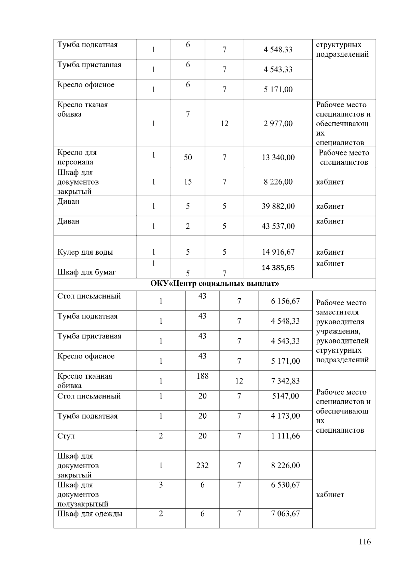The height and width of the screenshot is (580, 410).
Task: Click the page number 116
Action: [x=365, y=542]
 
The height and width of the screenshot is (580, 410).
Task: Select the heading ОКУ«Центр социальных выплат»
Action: [x=215, y=284]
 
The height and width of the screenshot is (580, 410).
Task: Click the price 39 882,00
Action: [x=278, y=206]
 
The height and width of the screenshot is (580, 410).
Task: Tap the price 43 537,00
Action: [x=278, y=226]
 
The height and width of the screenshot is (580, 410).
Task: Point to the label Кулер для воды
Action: [x=85, y=252]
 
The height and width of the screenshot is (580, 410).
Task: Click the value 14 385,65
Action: [x=278, y=268]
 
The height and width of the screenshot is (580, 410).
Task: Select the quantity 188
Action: [x=202, y=376]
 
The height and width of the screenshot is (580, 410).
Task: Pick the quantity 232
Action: [x=202, y=465]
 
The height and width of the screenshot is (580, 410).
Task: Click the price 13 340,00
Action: [x=278, y=157]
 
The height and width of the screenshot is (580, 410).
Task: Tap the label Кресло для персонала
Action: [x=77, y=157]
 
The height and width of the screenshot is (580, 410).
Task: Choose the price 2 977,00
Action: [x=278, y=123]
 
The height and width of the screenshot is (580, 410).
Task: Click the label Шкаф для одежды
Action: [x=90, y=514]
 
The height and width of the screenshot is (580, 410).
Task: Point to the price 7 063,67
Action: [x=285, y=513]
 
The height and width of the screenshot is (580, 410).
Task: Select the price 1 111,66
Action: [x=285, y=436]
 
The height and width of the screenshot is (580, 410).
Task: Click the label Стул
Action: [x=66, y=436]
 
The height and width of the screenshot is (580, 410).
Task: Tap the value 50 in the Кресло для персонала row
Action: [x=188, y=157]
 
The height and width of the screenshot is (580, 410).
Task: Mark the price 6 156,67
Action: [x=285, y=301]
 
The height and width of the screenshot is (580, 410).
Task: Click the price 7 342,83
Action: [x=285, y=381]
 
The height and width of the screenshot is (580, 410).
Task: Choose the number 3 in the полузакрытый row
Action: [x=161, y=485]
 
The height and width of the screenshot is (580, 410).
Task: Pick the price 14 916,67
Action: [x=278, y=252]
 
